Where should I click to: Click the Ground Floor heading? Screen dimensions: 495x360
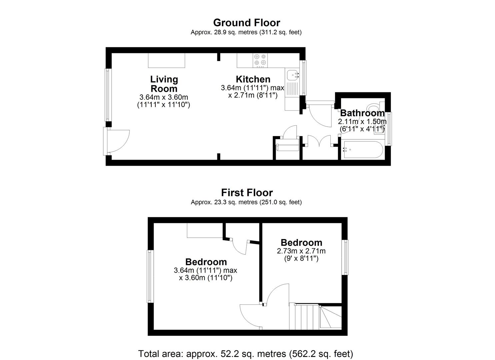(246, 23)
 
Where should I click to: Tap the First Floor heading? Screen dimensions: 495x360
(247, 193)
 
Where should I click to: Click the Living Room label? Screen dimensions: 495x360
(164, 84)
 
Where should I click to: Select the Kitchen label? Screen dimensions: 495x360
(253, 79)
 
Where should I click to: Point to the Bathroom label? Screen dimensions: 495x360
(362, 113)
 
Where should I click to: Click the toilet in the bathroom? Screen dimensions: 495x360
(375, 107)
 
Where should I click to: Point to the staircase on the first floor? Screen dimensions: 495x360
(315, 316)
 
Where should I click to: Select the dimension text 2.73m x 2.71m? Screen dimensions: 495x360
(301, 251)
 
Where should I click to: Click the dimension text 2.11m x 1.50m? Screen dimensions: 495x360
(362, 121)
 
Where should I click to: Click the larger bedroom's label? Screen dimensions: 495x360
(206, 262)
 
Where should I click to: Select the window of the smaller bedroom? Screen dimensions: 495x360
(345, 257)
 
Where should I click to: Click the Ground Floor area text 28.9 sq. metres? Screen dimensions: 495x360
(236, 32)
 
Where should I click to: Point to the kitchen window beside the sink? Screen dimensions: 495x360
(303, 78)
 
